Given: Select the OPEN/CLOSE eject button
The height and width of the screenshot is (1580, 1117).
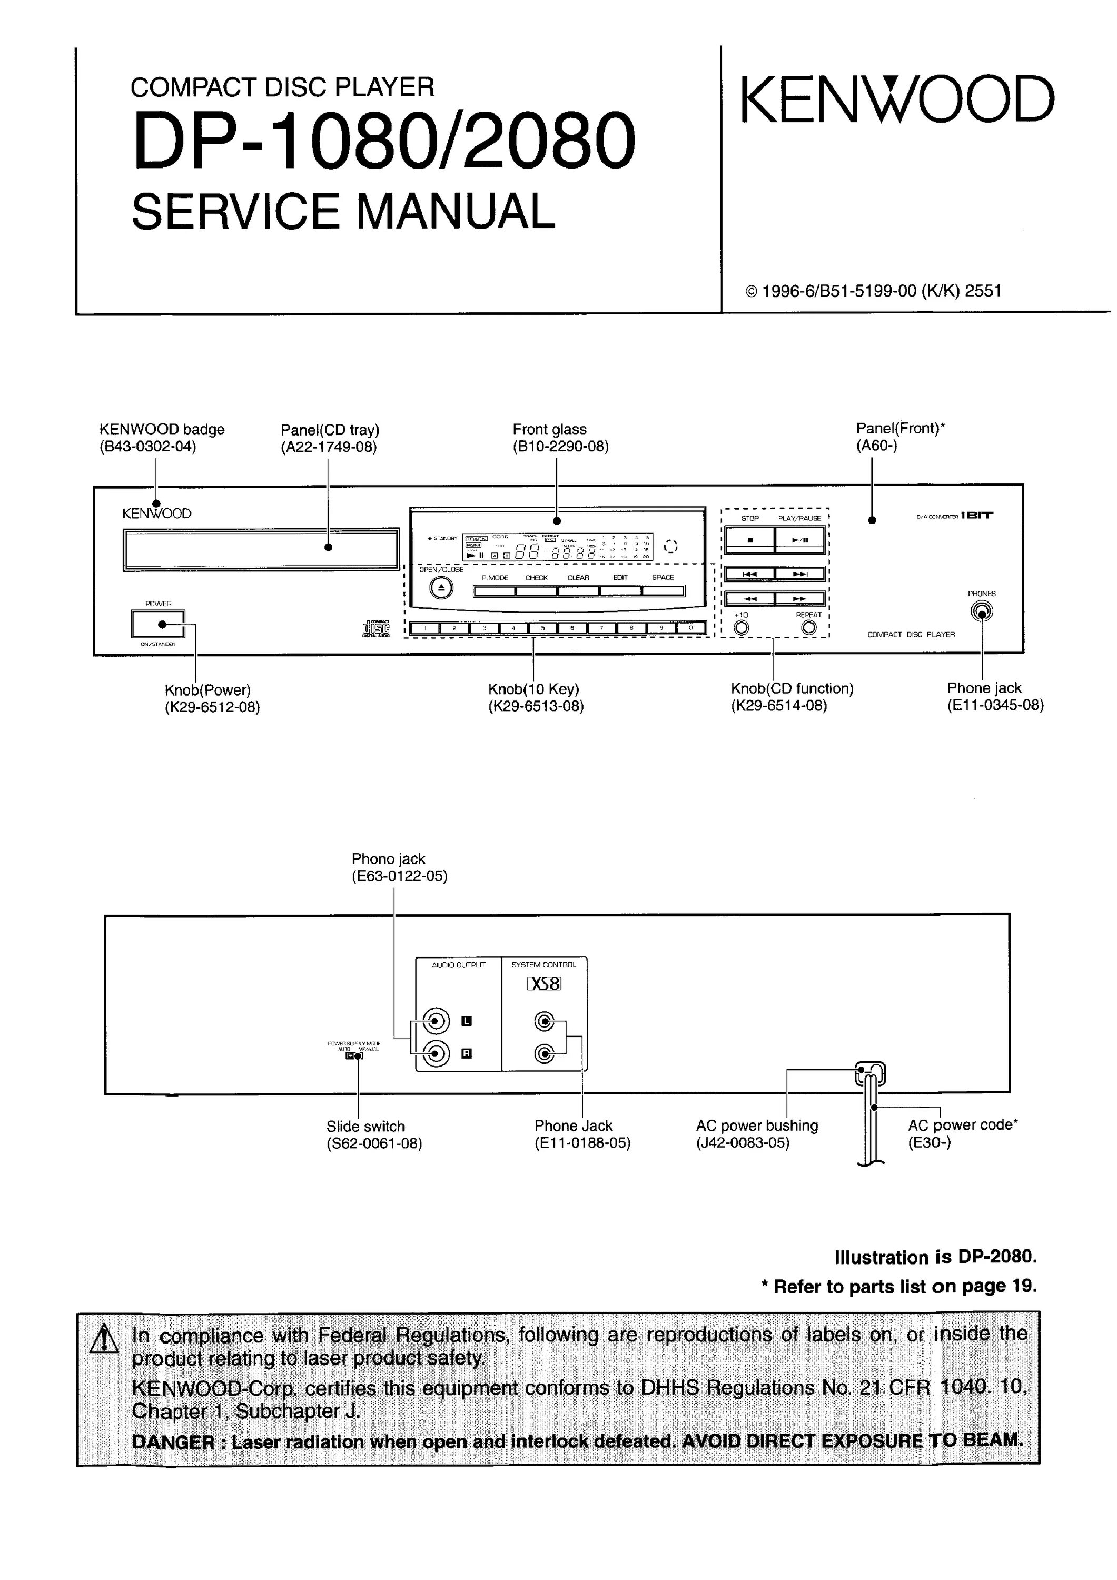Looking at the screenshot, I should [441, 588].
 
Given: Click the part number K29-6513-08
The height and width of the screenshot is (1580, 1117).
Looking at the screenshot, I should [536, 706].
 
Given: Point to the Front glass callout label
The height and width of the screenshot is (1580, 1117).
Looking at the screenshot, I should [549, 429].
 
